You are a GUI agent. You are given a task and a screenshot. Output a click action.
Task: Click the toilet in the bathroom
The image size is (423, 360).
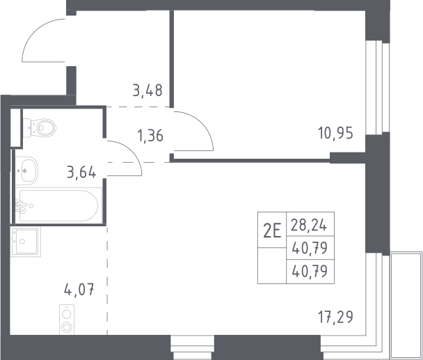pyautogui.click(x=40, y=127)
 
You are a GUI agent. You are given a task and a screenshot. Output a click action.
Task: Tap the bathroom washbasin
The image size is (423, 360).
pyautogui.click(x=26, y=171)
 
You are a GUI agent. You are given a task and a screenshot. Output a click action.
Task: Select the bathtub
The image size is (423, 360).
pyautogui.click(x=58, y=206)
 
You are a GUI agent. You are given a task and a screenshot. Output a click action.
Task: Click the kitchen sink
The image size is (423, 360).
pyautogui.click(x=25, y=242)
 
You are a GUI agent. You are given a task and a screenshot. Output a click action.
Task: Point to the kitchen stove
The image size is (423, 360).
pyautogui.click(x=67, y=320)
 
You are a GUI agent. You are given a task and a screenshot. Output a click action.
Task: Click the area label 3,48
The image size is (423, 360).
pyautogui.click(x=147, y=91)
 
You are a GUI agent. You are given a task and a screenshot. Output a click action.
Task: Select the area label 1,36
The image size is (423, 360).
pyautogui.click(x=150, y=135)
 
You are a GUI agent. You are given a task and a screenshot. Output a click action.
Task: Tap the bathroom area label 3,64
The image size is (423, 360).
pyautogui.click(x=81, y=172)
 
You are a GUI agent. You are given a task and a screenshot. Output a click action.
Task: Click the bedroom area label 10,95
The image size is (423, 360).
pyautogui.click(x=335, y=133)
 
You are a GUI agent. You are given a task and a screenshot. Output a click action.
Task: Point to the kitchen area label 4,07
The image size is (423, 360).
pyautogui.click(x=79, y=290)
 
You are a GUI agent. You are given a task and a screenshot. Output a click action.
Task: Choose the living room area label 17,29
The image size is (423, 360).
pyautogui.click(x=335, y=317)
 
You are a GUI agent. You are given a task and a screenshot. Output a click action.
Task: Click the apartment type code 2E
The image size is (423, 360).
pyautogui.click(x=272, y=231)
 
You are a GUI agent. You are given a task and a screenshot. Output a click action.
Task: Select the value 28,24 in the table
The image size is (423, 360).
pyautogui.click(x=309, y=225)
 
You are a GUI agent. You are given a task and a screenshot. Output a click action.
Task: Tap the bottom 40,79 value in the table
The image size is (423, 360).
pyautogui.click(x=310, y=271)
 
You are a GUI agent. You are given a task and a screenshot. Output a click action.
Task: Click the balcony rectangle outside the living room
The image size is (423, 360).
pyautogui.click(x=406, y=306)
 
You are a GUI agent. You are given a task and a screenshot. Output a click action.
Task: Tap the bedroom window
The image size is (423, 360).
pyautogui.click(x=378, y=87)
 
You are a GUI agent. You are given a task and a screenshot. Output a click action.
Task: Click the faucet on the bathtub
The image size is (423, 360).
pyautogui.click(x=20, y=207)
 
